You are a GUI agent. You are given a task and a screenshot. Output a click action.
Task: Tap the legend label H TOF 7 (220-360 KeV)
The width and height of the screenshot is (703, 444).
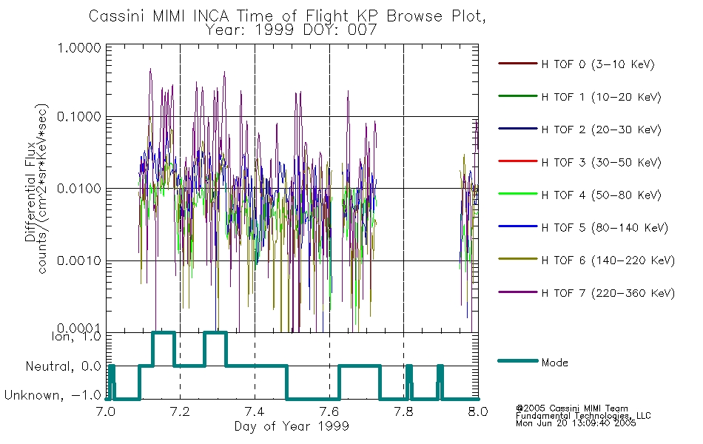pyautogui.click(x=608, y=293)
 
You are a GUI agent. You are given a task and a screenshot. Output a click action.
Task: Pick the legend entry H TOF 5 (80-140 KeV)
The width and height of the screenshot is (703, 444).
pyautogui.click(x=605, y=228)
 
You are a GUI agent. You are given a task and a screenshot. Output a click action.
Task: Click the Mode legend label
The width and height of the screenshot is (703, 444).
pyautogui.click(x=554, y=363)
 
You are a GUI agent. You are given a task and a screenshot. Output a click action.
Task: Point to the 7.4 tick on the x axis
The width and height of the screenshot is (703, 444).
pyautogui.click(x=255, y=411)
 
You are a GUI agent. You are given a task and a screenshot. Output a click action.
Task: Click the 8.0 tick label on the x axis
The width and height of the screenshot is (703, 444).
pyautogui.click(x=478, y=411)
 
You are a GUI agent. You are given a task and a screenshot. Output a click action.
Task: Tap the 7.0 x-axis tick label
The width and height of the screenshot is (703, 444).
pyautogui.click(x=106, y=411)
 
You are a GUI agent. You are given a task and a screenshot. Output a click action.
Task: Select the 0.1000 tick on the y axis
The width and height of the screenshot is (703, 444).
pyautogui.click(x=79, y=117)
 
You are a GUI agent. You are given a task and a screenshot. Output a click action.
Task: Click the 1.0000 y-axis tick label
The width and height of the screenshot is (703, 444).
pyautogui.click(x=79, y=47)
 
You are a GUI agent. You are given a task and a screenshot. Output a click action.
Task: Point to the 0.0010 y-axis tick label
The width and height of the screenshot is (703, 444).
pyautogui.click(x=79, y=260)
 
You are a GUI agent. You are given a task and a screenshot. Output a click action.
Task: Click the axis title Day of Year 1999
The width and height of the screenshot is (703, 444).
pyautogui.click(x=292, y=426)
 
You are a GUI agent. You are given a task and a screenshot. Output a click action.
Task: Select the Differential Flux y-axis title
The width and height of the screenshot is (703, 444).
pyautogui.click(x=30, y=192)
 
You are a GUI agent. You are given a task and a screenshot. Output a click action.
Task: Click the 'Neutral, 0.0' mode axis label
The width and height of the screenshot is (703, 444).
pyautogui.click(x=63, y=366)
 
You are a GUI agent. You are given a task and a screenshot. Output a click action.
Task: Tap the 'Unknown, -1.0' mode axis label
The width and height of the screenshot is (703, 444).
pyautogui.click(x=53, y=395)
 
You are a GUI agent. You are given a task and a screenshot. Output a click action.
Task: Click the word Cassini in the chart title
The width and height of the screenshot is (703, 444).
pyautogui.click(x=118, y=16)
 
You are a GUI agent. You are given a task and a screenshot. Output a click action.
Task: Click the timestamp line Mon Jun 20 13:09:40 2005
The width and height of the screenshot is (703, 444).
pyautogui.click(x=576, y=423)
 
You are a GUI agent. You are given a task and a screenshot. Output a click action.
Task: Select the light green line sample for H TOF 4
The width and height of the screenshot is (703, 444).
pyautogui.click(x=518, y=194)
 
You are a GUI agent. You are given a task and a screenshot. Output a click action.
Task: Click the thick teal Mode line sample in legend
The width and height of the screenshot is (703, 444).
pyautogui.click(x=518, y=360)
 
